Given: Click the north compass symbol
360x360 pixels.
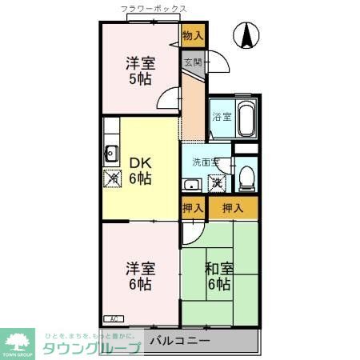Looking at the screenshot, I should click(247, 35).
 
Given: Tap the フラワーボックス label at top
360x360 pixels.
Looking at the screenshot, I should click(154, 10).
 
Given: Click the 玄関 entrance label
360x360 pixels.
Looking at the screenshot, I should click(192, 61).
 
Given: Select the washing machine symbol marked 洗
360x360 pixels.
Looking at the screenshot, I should click(216, 182).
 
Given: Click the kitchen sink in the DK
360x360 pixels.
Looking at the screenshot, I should click(111, 154).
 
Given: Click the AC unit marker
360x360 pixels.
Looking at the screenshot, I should click(112, 318).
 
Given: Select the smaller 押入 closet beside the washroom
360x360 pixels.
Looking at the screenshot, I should click(192, 208).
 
